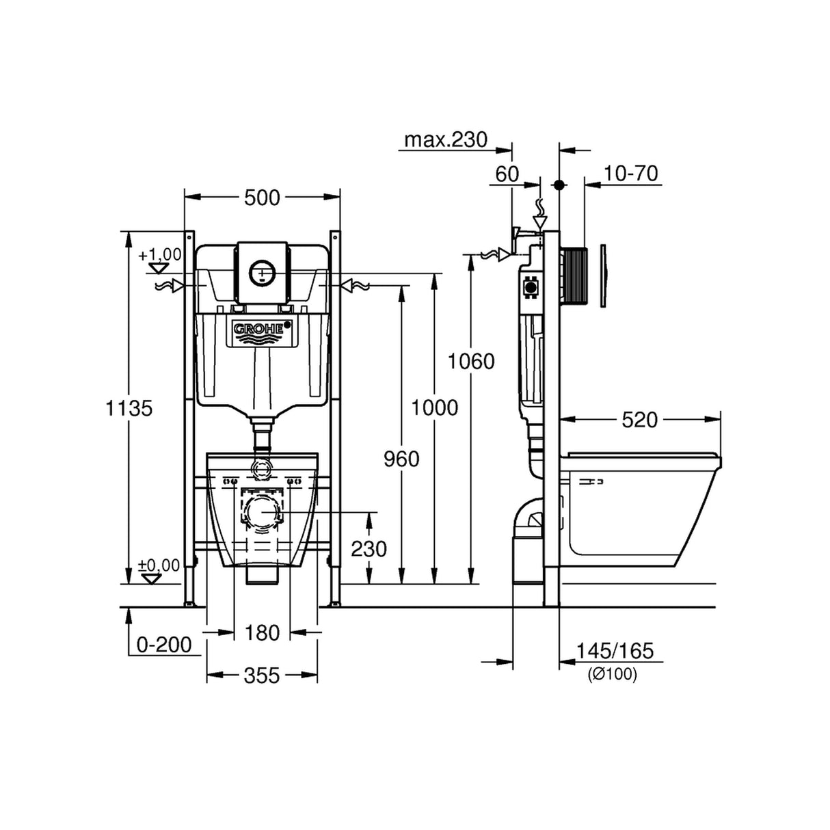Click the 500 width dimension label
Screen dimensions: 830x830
262,198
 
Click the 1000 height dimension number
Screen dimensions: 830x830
434,407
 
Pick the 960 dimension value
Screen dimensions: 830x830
401,459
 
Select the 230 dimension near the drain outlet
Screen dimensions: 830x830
369,548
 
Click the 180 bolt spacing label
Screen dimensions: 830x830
262,632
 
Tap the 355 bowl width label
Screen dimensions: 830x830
262,675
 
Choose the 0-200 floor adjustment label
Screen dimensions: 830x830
164,644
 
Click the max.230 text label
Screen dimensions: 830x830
446,139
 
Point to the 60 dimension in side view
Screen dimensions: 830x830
507,174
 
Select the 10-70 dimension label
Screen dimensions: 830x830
631,174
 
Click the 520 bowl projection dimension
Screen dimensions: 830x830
639,419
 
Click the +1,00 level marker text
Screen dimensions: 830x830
159,255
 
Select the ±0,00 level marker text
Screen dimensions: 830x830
159,565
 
